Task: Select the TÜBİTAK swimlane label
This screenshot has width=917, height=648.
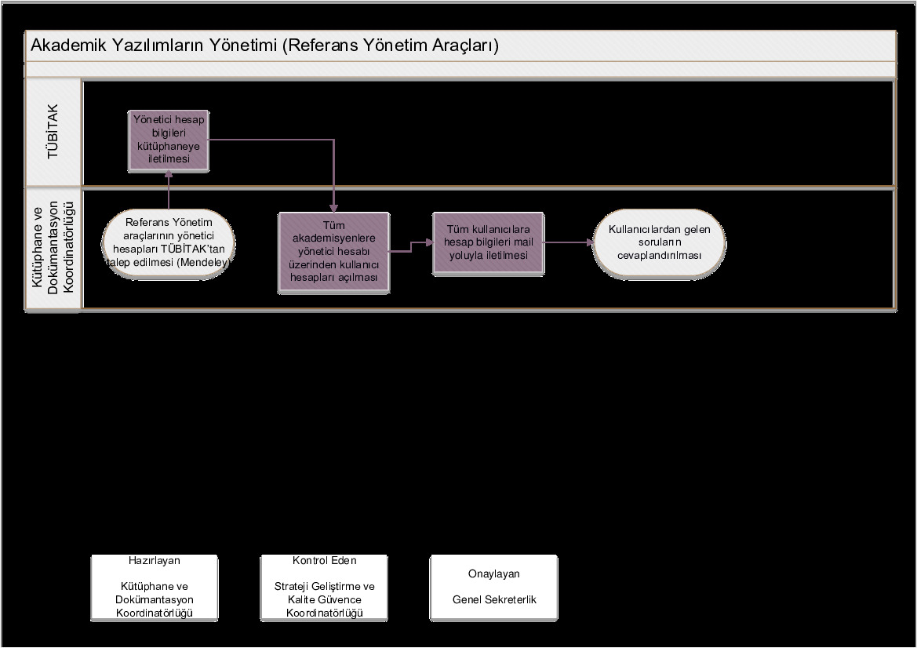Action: (x=53, y=132)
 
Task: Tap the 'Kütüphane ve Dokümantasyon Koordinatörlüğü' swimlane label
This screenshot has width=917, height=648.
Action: (x=53, y=247)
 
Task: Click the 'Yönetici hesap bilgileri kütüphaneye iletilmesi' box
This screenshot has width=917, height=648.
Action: (x=169, y=141)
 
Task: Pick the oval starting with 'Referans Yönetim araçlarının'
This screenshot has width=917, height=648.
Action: (x=169, y=243)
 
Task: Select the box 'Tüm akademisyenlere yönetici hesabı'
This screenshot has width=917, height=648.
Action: (x=334, y=252)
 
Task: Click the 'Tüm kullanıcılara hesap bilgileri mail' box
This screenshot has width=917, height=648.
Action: (x=489, y=242)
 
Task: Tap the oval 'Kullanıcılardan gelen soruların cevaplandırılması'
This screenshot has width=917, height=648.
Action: (x=659, y=243)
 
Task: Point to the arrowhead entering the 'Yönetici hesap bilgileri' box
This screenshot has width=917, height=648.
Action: (x=169, y=173)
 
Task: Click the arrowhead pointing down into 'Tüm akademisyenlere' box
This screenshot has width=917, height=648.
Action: (x=334, y=209)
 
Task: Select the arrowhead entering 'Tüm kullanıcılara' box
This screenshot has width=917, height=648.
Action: (x=429, y=242)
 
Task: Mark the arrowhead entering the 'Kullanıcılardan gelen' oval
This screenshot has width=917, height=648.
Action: (x=590, y=242)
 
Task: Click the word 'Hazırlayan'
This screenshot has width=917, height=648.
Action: (x=155, y=560)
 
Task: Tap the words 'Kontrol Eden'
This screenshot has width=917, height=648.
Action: (x=325, y=560)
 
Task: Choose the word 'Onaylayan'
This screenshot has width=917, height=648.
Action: (x=494, y=573)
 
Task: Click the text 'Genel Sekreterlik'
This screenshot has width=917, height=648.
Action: (x=494, y=599)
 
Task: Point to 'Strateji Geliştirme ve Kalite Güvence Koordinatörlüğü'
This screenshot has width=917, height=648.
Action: (x=325, y=599)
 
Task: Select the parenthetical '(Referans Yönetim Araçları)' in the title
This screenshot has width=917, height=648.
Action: (x=391, y=46)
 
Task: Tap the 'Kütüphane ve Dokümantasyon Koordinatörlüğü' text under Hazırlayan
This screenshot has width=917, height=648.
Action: (x=155, y=599)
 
